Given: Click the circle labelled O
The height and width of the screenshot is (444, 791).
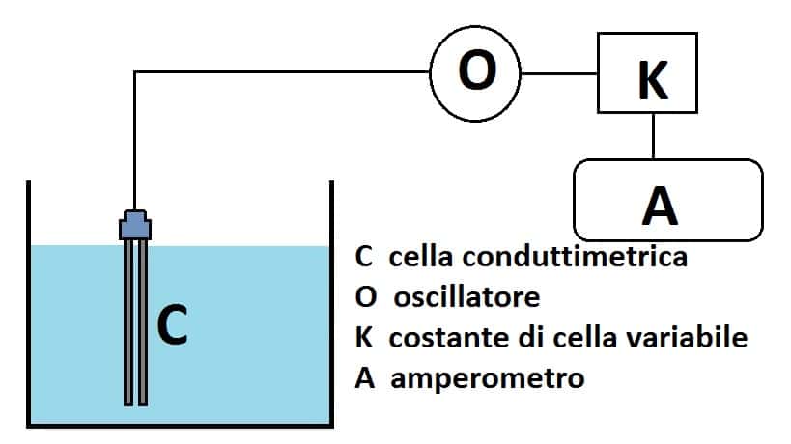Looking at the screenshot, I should [x=475, y=71].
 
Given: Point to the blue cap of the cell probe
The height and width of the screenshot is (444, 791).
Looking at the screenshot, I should [x=135, y=225].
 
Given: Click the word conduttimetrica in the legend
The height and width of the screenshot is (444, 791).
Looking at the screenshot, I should [x=586, y=259].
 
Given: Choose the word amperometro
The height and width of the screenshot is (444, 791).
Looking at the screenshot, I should [x=489, y=378].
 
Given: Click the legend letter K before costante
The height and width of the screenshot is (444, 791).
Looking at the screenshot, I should [x=365, y=339].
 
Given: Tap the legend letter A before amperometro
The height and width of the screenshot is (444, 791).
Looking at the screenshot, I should [x=365, y=378].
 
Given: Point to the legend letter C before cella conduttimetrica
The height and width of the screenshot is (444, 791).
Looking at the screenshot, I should [x=364, y=259].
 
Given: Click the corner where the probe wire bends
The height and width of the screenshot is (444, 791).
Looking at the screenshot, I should [x=134, y=72].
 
